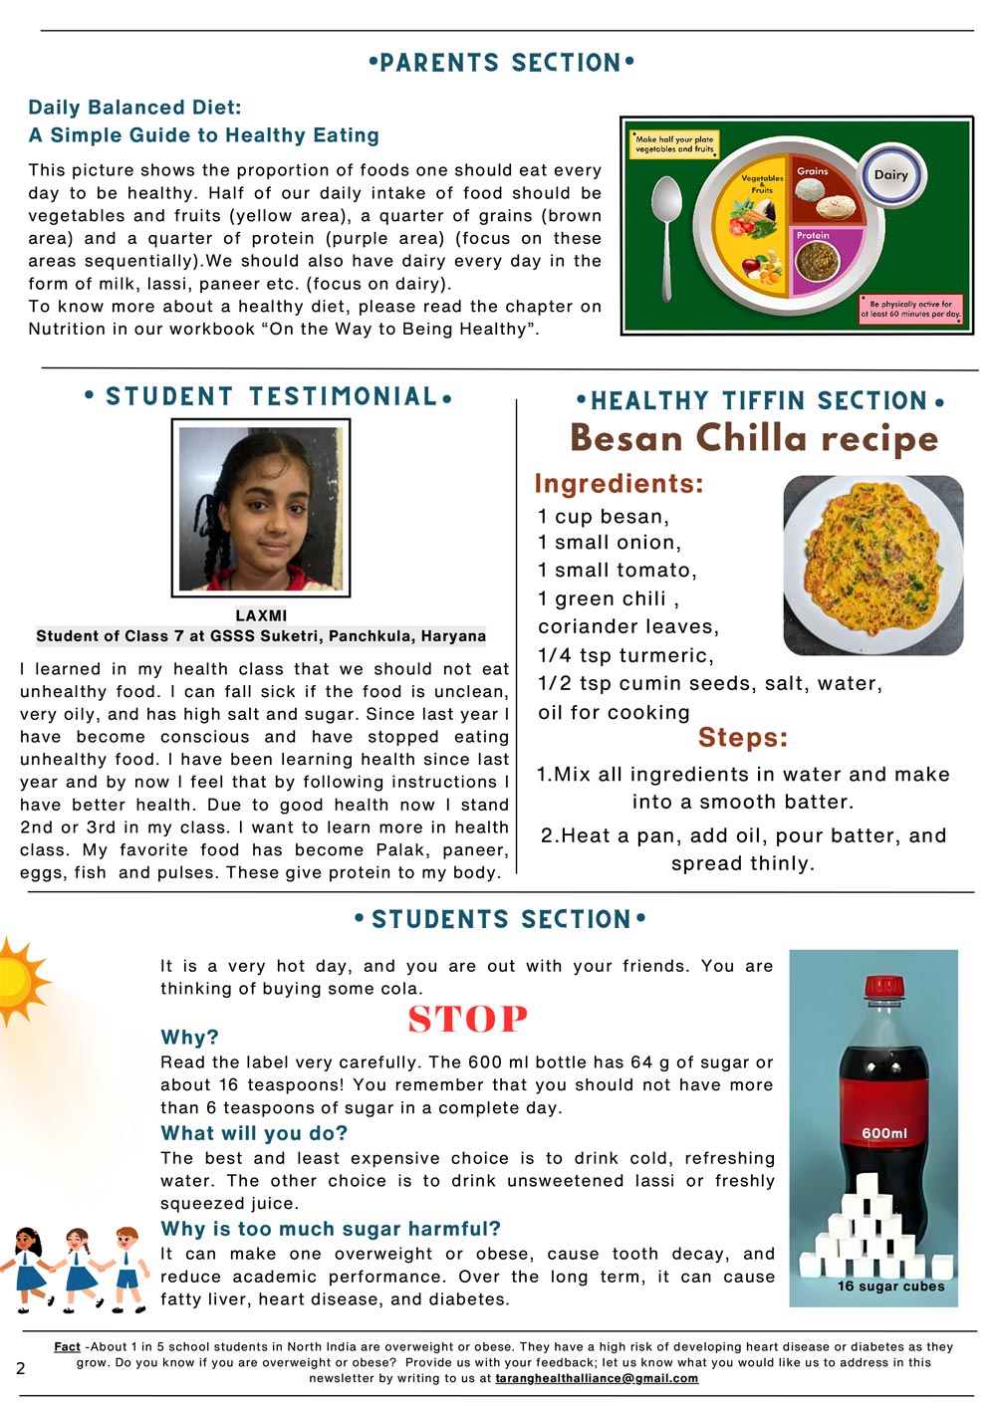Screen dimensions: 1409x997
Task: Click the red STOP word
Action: [x=467, y=1020]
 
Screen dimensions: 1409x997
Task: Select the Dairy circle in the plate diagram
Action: [x=891, y=175]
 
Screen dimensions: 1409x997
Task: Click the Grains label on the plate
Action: [x=813, y=171]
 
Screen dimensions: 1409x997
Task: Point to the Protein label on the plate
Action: [x=813, y=236]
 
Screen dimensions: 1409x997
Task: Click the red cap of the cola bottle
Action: [x=882, y=986]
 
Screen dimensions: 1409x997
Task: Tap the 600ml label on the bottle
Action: [x=884, y=1133]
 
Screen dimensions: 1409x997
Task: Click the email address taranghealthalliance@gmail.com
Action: [x=597, y=1378]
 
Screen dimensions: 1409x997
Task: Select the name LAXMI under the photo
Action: [x=261, y=615]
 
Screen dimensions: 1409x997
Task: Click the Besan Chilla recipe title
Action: [x=754, y=437]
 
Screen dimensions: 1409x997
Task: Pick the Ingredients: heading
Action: [x=619, y=484]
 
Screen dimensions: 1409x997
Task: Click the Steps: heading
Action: [x=742, y=738]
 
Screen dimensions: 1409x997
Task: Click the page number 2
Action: [x=21, y=1368]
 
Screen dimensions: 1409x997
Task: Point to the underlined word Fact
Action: [x=67, y=1346]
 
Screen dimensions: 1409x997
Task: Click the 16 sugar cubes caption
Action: [x=890, y=1286]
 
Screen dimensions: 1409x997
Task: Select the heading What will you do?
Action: [x=254, y=1133]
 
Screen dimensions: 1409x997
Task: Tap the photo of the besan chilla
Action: [x=872, y=565]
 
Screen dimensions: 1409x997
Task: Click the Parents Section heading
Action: [x=501, y=63]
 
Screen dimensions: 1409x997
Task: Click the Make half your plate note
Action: [x=674, y=144]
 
